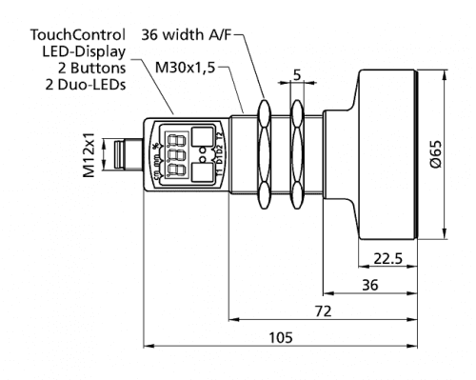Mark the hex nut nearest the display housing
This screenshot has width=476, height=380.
click(x=262, y=152)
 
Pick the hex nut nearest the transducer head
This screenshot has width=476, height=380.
click(x=297, y=152)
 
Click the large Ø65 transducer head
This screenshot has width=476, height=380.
click(x=390, y=152)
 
